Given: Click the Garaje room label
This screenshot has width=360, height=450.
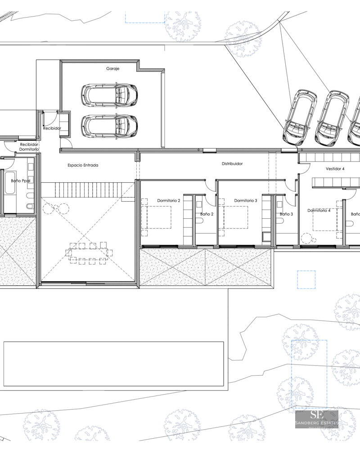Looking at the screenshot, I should [x=112, y=69].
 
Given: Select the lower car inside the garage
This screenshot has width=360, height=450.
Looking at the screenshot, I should [x=109, y=126].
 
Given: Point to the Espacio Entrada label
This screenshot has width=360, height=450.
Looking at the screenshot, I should [x=83, y=165].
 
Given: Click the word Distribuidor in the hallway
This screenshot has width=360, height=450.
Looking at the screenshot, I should [x=232, y=164].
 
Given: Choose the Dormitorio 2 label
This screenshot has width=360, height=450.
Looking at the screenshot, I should [x=169, y=200].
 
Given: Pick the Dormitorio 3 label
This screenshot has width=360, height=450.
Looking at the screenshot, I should [x=246, y=200].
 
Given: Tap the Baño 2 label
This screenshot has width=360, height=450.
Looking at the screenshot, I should [x=207, y=214].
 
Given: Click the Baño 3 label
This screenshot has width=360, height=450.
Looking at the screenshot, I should [x=286, y=214].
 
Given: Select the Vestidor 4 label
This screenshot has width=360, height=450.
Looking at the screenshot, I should [x=335, y=169].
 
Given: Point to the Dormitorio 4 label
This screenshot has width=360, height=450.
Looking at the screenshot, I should [x=319, y=210].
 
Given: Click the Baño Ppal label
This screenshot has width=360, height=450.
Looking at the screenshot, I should [x=20, y=180].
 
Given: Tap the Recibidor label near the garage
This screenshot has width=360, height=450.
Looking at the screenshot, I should [x=52, y=128].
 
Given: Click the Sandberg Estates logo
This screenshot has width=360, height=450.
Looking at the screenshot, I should [x=317, y=419].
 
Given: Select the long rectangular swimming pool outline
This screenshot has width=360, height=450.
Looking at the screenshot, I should [x=113, y=364].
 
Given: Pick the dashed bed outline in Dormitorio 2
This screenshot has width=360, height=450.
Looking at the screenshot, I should [x=157, y=217].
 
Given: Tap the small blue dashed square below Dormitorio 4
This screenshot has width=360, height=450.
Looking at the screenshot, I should [x=306, y=279].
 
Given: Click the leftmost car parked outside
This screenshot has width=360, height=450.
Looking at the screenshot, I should [x=299, y=117].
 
